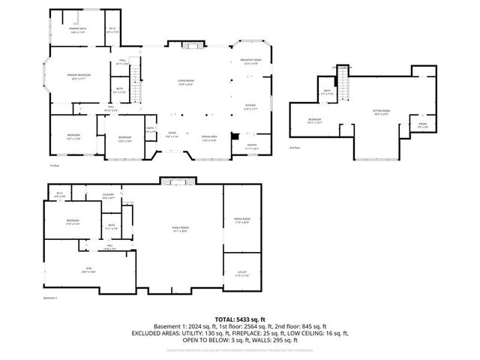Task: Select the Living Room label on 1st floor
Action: point(187,83)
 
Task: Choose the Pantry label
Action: point(252,146)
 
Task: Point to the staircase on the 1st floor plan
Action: point(136,75)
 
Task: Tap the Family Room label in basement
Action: point(179,230)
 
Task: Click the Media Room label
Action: point(241,220)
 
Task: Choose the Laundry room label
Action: point(108,196)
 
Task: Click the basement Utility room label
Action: point(241,274)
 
